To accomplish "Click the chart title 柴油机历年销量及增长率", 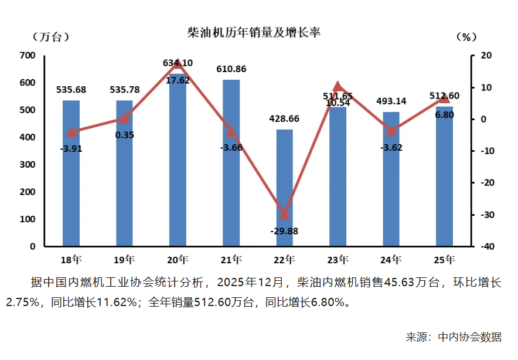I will tap(253, 32).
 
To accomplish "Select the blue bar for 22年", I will tap(284, 188).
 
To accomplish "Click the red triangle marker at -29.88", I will tap(284, 214).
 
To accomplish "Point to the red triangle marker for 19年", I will tap(124, 118).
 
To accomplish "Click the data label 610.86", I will tap(231, 69).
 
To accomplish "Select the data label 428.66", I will tap(284, 118).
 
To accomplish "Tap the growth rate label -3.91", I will tap(71, 148).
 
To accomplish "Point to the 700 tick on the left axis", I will tap(28, 56).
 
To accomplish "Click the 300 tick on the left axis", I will tap(28, 165).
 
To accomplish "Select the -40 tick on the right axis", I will tap(484, 247).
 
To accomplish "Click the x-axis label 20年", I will tap(178, 259).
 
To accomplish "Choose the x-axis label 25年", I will tap(444, 259).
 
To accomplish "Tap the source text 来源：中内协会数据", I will tap(454, 337).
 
